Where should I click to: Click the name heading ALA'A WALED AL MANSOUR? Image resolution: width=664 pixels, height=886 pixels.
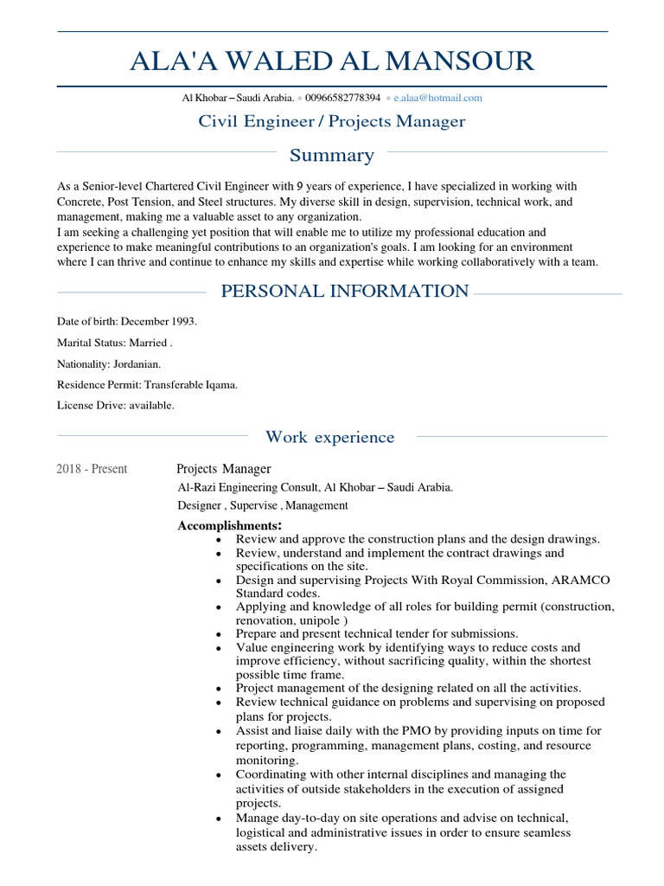point(332,61)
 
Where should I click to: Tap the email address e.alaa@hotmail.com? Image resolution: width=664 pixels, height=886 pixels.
point(437,99)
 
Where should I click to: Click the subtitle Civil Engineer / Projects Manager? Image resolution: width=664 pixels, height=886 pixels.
point(332,121)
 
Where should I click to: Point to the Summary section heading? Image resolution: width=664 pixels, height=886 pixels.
point(332,156)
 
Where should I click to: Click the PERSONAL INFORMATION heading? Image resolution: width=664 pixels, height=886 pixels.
point(345,292)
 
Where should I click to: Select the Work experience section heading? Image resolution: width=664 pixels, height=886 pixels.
point(330,438)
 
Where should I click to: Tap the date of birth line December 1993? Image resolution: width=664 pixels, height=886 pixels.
point(127,322)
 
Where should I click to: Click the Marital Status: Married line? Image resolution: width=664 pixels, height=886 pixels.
point(115,343)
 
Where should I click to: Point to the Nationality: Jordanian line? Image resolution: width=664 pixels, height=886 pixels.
point(109,364)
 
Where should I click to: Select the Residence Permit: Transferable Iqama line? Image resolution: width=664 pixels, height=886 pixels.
point(147,385)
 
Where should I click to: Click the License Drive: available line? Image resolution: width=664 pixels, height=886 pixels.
point(116,406)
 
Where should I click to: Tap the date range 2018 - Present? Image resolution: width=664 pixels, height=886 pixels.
point(92,470)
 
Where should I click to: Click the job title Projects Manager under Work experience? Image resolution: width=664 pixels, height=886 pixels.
point(224,469)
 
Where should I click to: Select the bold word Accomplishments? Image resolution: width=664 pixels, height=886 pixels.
point(229,526)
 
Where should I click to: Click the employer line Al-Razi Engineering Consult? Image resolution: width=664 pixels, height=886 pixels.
point(315,488)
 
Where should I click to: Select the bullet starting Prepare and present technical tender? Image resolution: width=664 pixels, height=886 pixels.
point(377,634)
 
